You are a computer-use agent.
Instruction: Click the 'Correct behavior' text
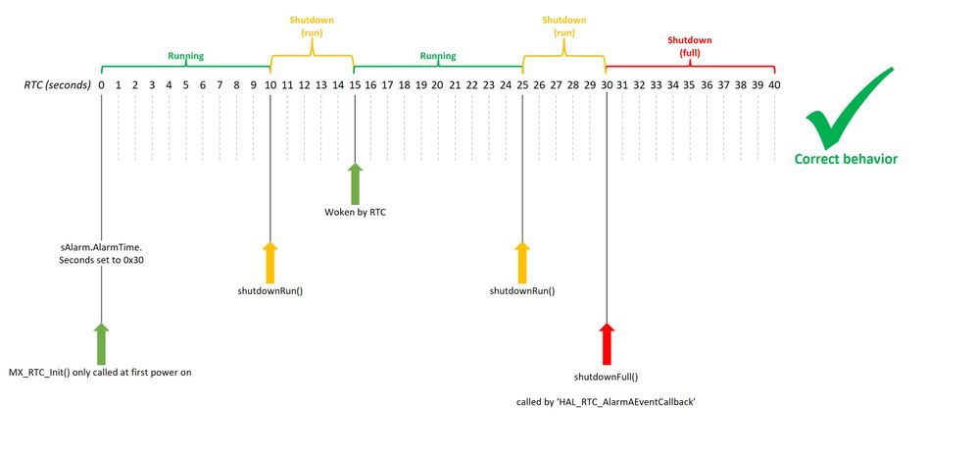846,159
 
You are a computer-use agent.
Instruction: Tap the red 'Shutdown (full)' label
690,46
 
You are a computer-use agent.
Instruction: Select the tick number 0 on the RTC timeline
101,86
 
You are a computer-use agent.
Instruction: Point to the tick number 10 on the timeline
269,86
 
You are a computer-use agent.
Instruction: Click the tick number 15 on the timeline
354,86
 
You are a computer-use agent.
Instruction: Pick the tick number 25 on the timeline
522,86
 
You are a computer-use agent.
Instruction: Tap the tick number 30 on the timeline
607,86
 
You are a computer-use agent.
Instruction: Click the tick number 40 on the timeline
774,86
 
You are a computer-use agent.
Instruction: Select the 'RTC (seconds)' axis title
58,86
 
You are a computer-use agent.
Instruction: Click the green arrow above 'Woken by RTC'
354,182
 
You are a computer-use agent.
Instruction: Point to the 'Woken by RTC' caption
355,211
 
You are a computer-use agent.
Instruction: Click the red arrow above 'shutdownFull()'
607,342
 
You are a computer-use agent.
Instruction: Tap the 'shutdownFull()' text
607,376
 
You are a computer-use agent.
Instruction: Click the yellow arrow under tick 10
269,262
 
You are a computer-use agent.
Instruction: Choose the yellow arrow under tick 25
522,262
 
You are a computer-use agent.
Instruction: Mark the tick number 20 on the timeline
438,86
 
